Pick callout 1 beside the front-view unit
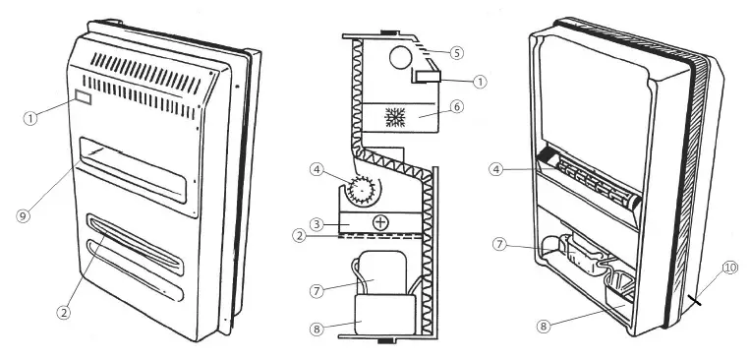tap(31, 117)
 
